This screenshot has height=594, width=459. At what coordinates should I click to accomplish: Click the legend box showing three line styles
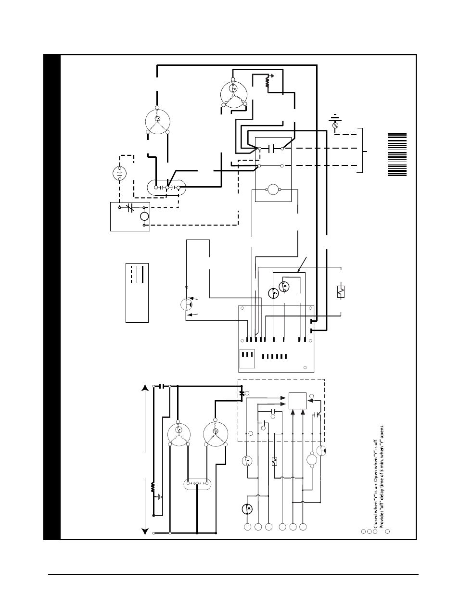(x=137, y=292)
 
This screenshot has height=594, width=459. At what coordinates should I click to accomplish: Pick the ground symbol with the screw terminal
(x=335, y=121)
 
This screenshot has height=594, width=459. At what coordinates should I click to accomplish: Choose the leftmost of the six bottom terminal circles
(x=247, y=528)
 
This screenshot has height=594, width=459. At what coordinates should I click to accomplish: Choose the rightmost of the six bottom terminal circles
(x=303, y=528)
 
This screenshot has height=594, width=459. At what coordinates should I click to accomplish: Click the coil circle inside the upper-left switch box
(x=144, y=216)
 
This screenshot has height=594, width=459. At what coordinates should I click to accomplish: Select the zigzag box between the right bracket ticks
(x=341, y=291)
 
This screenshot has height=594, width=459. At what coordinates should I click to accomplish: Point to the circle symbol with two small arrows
(x=186, y=304)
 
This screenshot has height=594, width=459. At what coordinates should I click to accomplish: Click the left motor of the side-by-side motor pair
(x=179, y=434)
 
